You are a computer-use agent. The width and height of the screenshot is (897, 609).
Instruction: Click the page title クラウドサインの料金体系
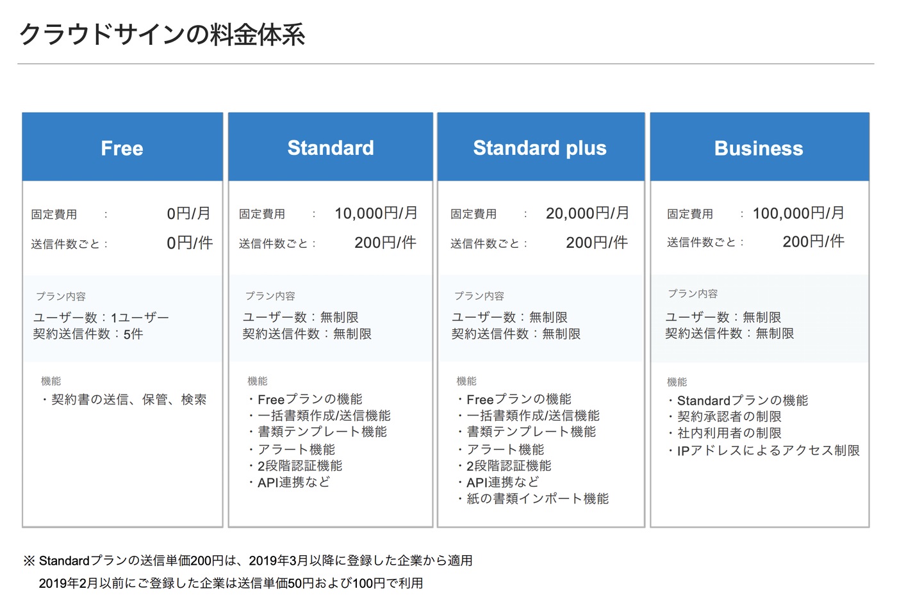pos(162,35)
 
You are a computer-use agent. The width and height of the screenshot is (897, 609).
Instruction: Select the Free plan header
pos(122,149)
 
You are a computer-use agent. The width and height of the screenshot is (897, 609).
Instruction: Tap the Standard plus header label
pos(539,148)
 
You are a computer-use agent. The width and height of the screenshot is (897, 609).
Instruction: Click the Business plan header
pos(759,149)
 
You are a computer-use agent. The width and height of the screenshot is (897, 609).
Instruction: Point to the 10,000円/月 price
pos(376,213)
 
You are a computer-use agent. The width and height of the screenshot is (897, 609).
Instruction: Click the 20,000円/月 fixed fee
pos(588,213)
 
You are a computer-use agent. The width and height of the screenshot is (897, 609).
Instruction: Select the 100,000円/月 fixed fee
pos(798,213)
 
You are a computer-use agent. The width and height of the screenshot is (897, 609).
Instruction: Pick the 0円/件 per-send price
pos(190,243)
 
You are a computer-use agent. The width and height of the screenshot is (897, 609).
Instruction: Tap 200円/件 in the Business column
pos(813,241)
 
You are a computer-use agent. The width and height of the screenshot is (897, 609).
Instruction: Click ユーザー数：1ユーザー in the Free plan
pos(101,318)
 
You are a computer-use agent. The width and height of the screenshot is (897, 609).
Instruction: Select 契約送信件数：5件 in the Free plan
pos(88,334)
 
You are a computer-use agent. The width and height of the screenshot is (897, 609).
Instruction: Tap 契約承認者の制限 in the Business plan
pos(729,417)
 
